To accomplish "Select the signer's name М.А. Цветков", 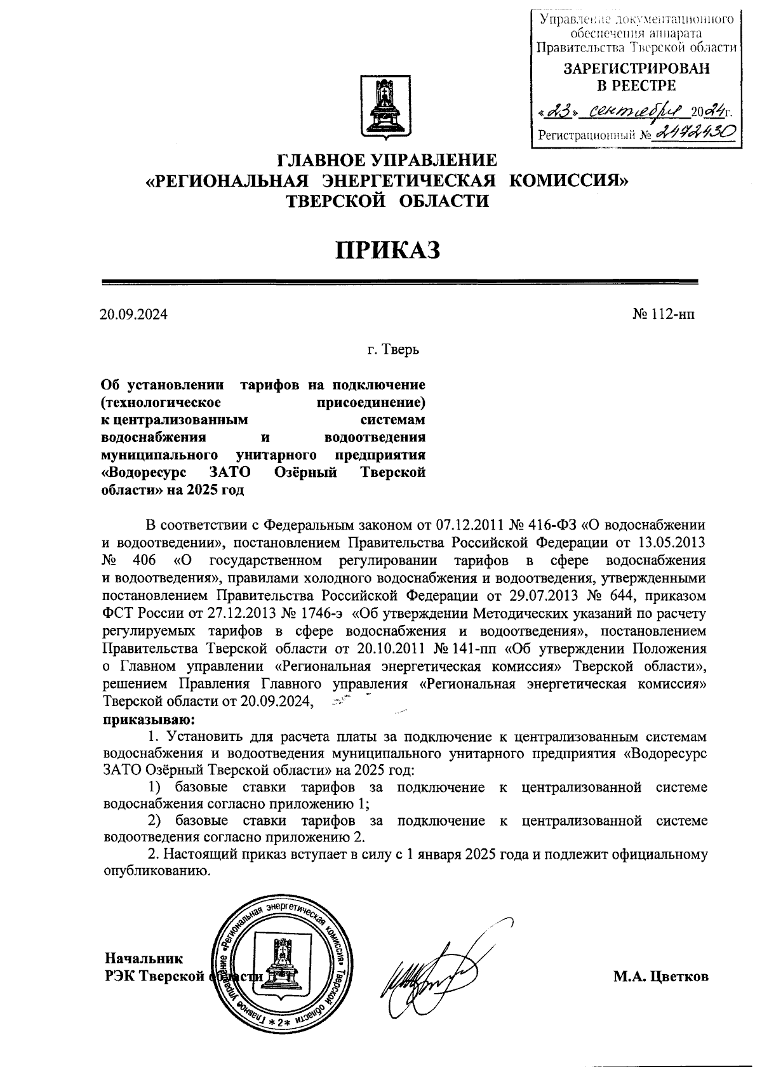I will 660,977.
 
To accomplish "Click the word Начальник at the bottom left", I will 144,959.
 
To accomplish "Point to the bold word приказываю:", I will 150,720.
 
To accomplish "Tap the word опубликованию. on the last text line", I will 157,871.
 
